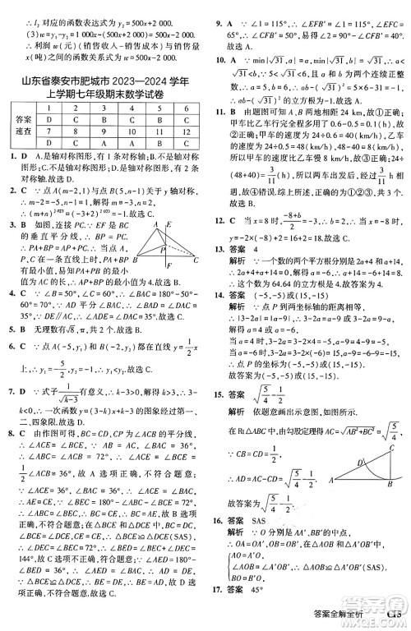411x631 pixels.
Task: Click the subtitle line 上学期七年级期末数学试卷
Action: pyautogui.click(x=104, y=96)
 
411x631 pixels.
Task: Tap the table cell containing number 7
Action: pyautogui.click(x=50, y=130)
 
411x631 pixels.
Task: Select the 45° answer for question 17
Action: pyautogui.click(x=266, y=611)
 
